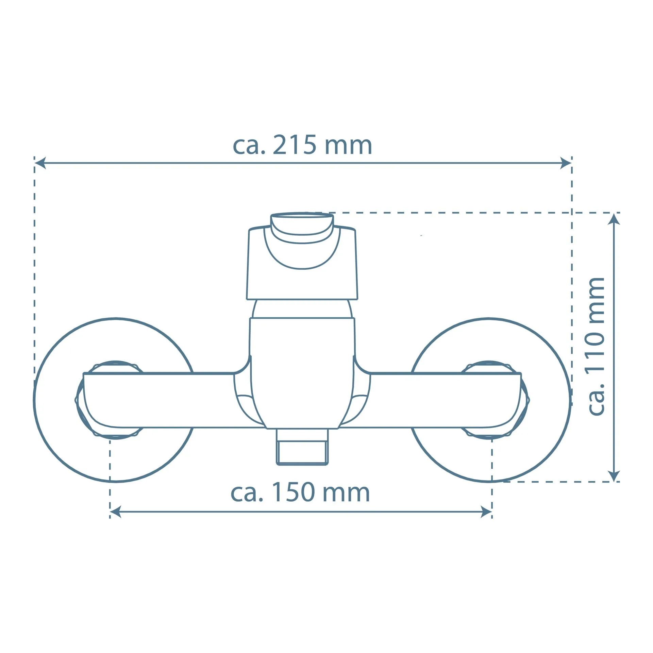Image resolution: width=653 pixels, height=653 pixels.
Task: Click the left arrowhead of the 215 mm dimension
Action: tap(40, 163)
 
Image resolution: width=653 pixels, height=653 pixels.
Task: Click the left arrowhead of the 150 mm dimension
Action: tap(116, 521)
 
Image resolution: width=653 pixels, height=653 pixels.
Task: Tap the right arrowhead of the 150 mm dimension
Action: tap(486, 521)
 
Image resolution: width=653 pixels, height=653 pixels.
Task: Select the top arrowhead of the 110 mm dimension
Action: tap(614, 219)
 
